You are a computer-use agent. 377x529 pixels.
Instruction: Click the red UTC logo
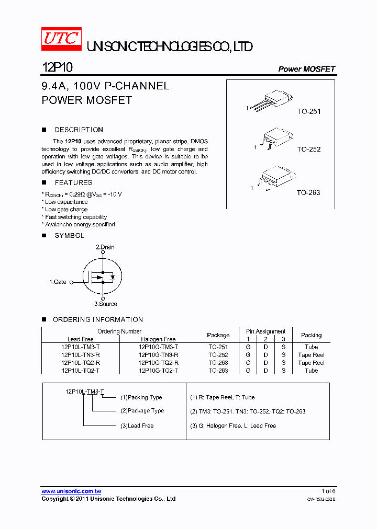tap(61, 39)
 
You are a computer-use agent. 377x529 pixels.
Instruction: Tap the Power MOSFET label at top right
tap(306, 69)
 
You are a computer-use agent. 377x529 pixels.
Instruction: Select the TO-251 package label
tap(308, 111)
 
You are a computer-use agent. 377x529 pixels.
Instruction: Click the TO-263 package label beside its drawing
tap(308, 192)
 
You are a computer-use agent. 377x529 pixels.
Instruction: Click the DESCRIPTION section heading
tap(79, 130)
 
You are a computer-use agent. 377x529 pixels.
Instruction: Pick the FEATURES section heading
tap(73, 182)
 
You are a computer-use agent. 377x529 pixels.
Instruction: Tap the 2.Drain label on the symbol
tap(105, 247)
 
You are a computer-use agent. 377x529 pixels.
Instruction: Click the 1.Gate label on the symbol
tap(58, 282)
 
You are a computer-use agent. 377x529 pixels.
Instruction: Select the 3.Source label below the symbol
tap(105, 304)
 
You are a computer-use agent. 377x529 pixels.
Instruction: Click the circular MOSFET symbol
tap(102, 277)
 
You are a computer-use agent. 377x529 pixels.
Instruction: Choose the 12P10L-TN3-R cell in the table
tap(81, 354)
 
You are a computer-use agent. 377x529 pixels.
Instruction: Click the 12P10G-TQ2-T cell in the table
tap(158, 370)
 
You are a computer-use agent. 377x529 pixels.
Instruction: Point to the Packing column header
tap(311, 335)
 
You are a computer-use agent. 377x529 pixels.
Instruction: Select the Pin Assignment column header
tap(265, 331)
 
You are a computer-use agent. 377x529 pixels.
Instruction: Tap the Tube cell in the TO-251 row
tap(311, 347)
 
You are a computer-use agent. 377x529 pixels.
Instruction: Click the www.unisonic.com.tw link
tap(71, 491)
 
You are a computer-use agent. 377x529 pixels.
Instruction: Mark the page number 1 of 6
tap(328, 491)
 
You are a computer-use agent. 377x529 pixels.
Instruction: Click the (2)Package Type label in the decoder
tap(142, 411)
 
